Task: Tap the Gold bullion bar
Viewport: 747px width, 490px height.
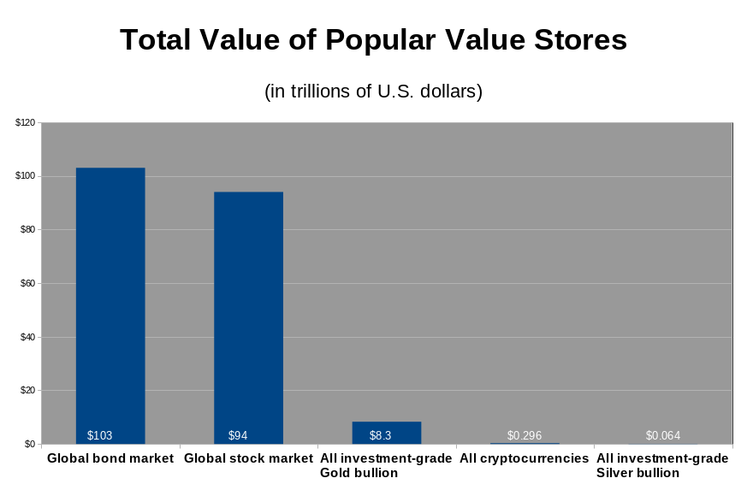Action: pos(387,428)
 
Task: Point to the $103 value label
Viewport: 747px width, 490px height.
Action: pos(99,435)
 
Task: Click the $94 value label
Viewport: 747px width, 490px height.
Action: pos(238,435)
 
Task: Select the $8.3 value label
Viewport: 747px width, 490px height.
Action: pos(380,435)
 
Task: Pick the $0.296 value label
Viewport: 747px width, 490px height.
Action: pos(524,435)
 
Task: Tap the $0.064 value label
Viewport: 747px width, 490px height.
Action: pos(662,435)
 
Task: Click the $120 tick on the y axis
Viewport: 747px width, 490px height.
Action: pos(25,123)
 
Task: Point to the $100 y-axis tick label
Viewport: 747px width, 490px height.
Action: pos(25,176)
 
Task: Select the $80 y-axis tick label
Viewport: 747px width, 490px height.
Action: pos(27,230)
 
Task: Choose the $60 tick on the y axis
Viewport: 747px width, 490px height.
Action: pos(27,284)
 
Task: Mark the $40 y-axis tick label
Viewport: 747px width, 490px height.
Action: pos(27,337)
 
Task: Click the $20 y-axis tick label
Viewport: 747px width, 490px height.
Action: pos(27,391)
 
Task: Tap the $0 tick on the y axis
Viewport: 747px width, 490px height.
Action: pos(29,444)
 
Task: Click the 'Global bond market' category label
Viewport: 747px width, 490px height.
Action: pos(110,458)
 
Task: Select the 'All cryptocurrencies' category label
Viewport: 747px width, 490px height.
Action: pos(524,458)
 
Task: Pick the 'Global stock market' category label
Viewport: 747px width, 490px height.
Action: pos(248,458)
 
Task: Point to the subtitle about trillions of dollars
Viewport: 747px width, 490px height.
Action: pos(373,91)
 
